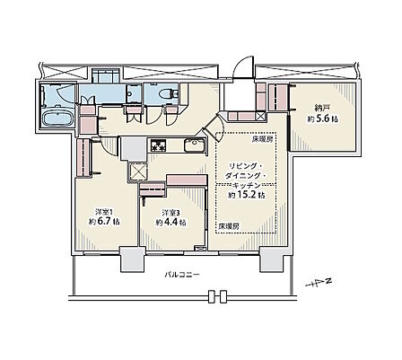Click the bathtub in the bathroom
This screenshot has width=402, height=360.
click(x=58, y=119)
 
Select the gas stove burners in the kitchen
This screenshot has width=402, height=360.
click(x=158, y=145)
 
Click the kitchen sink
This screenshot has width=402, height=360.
click(x=194, y=145)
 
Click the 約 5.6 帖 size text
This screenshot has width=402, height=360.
click(x=323, y=119)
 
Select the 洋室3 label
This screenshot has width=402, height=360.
click(x=170, y=213)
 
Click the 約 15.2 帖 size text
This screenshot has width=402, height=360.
click(x=246, y=196)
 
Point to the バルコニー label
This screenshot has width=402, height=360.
click(x=181, y=274)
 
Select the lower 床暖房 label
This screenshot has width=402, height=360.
click(x=229, y=226)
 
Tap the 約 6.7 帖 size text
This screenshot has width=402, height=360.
click(x=105, y=222)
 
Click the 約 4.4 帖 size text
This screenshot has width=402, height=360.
click(x=171, y=223)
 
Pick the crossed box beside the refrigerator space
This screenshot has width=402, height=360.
click(x=138, y=172)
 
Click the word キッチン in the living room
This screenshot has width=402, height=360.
click(x=247, y=186)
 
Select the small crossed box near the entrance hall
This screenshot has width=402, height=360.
click(x=260, y=116)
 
